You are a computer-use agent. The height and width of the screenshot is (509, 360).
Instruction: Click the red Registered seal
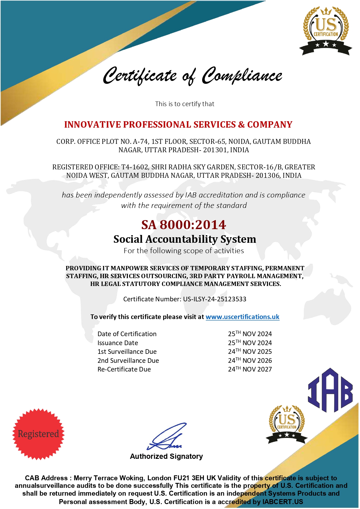coord(38,434)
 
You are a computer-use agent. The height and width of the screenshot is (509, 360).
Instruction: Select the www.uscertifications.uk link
coord(242,317)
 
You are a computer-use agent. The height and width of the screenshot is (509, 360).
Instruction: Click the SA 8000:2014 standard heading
coord(184,225)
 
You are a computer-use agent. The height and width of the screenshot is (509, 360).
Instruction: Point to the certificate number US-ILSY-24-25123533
coord(215,299)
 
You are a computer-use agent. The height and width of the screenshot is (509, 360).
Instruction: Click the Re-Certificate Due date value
coord(250,369)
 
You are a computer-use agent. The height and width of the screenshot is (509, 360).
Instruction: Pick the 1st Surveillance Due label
coord(127,352)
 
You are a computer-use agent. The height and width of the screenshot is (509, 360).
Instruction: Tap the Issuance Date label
coord(118,343)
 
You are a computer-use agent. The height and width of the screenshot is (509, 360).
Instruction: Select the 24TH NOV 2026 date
coord(250,361)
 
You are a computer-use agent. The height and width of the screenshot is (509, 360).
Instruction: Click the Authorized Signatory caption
coord(166,457)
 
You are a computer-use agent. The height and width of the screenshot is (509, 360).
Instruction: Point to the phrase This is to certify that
coord(184,104)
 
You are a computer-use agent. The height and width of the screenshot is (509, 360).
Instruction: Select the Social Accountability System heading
coord(184,239)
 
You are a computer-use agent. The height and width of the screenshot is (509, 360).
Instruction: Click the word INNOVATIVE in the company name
coord(92,124)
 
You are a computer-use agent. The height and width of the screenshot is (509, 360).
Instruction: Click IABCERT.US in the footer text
coord(283,502)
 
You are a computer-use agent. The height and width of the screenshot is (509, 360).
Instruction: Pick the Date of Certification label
coord(127,334)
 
